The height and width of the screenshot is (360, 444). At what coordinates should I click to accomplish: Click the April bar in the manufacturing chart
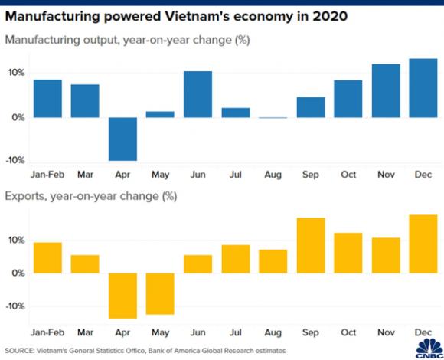click(x=122, y=139)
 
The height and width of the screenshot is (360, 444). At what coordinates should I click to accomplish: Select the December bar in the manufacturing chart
click(x=423, y=88)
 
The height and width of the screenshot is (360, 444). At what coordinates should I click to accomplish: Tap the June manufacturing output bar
click(x=198, y=94)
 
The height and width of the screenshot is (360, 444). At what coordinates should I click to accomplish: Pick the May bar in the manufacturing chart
click(x=160, y=114)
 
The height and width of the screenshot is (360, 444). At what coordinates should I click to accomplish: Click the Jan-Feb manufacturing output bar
click(x=47, y=99)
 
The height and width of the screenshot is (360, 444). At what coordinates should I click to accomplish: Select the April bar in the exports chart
click(x=122, y=296)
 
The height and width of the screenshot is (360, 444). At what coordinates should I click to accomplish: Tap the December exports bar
click(x=423, y=244)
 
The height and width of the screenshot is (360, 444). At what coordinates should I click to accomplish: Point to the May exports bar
click(x=160, y=293)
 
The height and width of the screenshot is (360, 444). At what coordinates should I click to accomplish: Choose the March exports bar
click(x=85, y=263)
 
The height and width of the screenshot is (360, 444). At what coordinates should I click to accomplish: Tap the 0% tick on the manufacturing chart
click(x=18, y=117)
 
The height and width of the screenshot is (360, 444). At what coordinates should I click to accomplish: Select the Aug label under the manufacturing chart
click(x=273, y=175)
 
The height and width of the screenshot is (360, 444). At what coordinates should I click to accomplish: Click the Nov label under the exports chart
click(x=385, y=332)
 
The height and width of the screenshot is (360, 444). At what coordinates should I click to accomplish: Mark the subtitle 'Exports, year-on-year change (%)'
click(x=91, y=197)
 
